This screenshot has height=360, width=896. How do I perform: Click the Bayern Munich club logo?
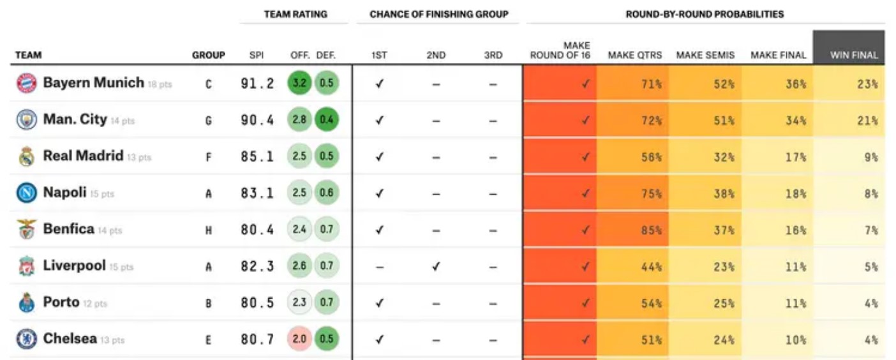[x=26, y=83]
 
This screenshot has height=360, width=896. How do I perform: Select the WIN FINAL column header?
[x=854, y=56]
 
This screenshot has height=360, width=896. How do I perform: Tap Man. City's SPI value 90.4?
[x=258, y=120]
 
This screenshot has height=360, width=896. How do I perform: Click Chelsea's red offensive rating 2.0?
[x=299, y=339]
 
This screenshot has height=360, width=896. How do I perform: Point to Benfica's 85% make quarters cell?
[x=651, y=230]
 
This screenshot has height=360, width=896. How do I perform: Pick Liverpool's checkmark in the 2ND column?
[x=436, y=267]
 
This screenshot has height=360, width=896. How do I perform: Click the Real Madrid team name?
[x=83, y=156]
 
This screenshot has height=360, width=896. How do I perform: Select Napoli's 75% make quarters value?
[x=651, y=194]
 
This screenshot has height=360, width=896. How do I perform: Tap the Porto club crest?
[x=26, y=303]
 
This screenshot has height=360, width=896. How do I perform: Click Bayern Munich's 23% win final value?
[x=867, y=84]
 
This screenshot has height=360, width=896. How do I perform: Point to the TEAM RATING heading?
[x=295, y=14]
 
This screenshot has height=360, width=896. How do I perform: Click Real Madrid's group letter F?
[x=208, y=157]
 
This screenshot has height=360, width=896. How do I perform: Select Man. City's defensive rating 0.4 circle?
[x=327, y=120]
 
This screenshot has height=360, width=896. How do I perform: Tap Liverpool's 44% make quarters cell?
[x=651, y=267]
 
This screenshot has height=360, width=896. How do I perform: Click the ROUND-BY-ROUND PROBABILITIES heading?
[x=705, y=14]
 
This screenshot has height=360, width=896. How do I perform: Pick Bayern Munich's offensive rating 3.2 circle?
[x=299, y=83]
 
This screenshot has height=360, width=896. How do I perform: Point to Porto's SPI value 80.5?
[x=258, y=303]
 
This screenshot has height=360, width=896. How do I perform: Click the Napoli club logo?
[x=26, y=193]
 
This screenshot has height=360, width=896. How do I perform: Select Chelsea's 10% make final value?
[x=796, y=340]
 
